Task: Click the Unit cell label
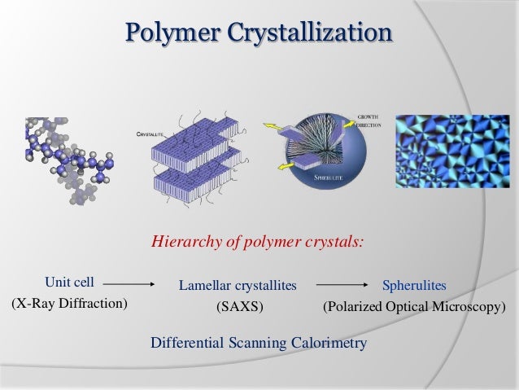[x=69, y=283]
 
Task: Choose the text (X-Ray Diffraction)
[x=69, y=305]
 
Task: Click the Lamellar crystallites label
[x=238, y=286]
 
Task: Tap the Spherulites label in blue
[x=414, y=286]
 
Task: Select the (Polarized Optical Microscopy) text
[x=414, y=309]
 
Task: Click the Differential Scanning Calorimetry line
[x=259, y=343]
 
